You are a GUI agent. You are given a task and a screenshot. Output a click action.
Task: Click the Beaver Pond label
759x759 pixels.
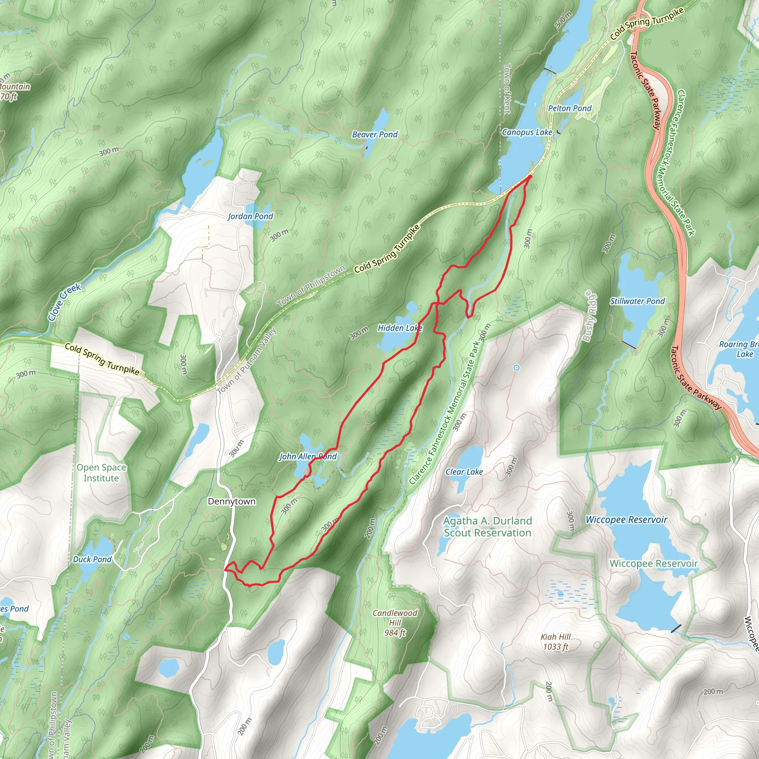[x=375, y=135]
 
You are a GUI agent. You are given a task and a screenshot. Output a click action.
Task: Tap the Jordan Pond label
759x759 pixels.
[x=250, y=216]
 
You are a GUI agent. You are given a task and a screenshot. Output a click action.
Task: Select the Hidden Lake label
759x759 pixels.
[x=400, y=328]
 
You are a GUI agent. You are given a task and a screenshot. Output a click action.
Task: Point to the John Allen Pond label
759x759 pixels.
[x=308, y=456]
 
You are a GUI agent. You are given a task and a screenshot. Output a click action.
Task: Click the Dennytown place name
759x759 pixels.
[x=231, y=501]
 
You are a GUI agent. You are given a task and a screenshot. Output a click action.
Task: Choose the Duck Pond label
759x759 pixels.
[x=92, y=559]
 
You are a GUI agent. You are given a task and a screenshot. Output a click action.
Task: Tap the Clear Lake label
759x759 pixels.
[x=464, y=472]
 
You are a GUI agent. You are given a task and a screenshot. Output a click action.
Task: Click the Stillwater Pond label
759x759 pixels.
[x=637, y=301]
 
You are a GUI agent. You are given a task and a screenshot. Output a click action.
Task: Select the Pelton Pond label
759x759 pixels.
[x=570, y=108]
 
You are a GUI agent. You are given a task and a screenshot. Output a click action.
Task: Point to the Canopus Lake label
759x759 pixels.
[x=527, y=132]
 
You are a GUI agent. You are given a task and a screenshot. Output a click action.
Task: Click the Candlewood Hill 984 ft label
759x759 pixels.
[x=395, y=623]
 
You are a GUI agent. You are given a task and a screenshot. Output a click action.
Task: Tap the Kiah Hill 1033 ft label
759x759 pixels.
[x=556, y=642]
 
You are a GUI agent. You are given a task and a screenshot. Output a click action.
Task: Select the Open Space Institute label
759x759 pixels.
[x=101, y=473]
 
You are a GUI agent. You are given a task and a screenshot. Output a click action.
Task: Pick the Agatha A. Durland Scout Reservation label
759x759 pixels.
[x=488, y=527]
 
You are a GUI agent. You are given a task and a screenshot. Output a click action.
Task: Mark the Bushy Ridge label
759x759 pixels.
[x=589, y=315]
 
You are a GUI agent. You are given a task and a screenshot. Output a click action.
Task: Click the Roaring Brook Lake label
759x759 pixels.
[x=739, y=349]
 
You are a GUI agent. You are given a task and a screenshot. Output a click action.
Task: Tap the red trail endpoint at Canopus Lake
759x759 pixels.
[x=530, y=177]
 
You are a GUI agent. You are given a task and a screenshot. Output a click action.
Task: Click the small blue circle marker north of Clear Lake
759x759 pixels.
[x=517, y=368]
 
